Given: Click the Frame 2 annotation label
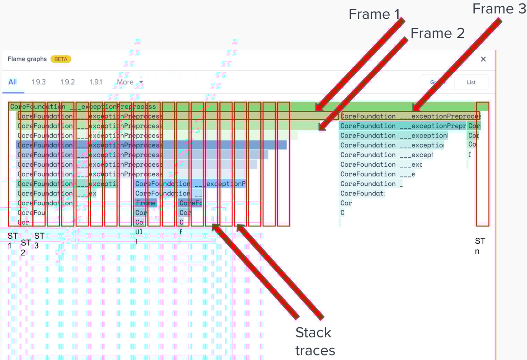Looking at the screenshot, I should pos(437,34).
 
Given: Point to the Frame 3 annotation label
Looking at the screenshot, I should pos(499,9).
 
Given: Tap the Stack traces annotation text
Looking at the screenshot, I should pos(315,341).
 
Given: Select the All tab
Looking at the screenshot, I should pos(12,82).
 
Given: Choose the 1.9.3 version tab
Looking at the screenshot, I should pos(38,82).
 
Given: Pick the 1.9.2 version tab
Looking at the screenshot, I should pos(68,82).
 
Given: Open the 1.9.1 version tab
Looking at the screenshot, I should pos(96,82).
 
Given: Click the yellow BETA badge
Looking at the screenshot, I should pos(61,59).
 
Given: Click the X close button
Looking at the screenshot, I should pos(483,59).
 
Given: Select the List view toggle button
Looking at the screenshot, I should pos(471,82).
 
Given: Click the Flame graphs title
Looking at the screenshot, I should pos(27,59).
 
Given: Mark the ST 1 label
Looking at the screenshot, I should pos(12,240).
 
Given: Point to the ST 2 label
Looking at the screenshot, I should pos(25,247).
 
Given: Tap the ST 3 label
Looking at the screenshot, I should pos(39,240).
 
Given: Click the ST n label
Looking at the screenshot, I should pos(480,246).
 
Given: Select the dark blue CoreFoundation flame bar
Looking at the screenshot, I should pos(151,145).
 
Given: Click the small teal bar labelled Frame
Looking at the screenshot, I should pos(146,203).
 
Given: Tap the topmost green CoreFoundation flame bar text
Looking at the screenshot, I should pos(83,107).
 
